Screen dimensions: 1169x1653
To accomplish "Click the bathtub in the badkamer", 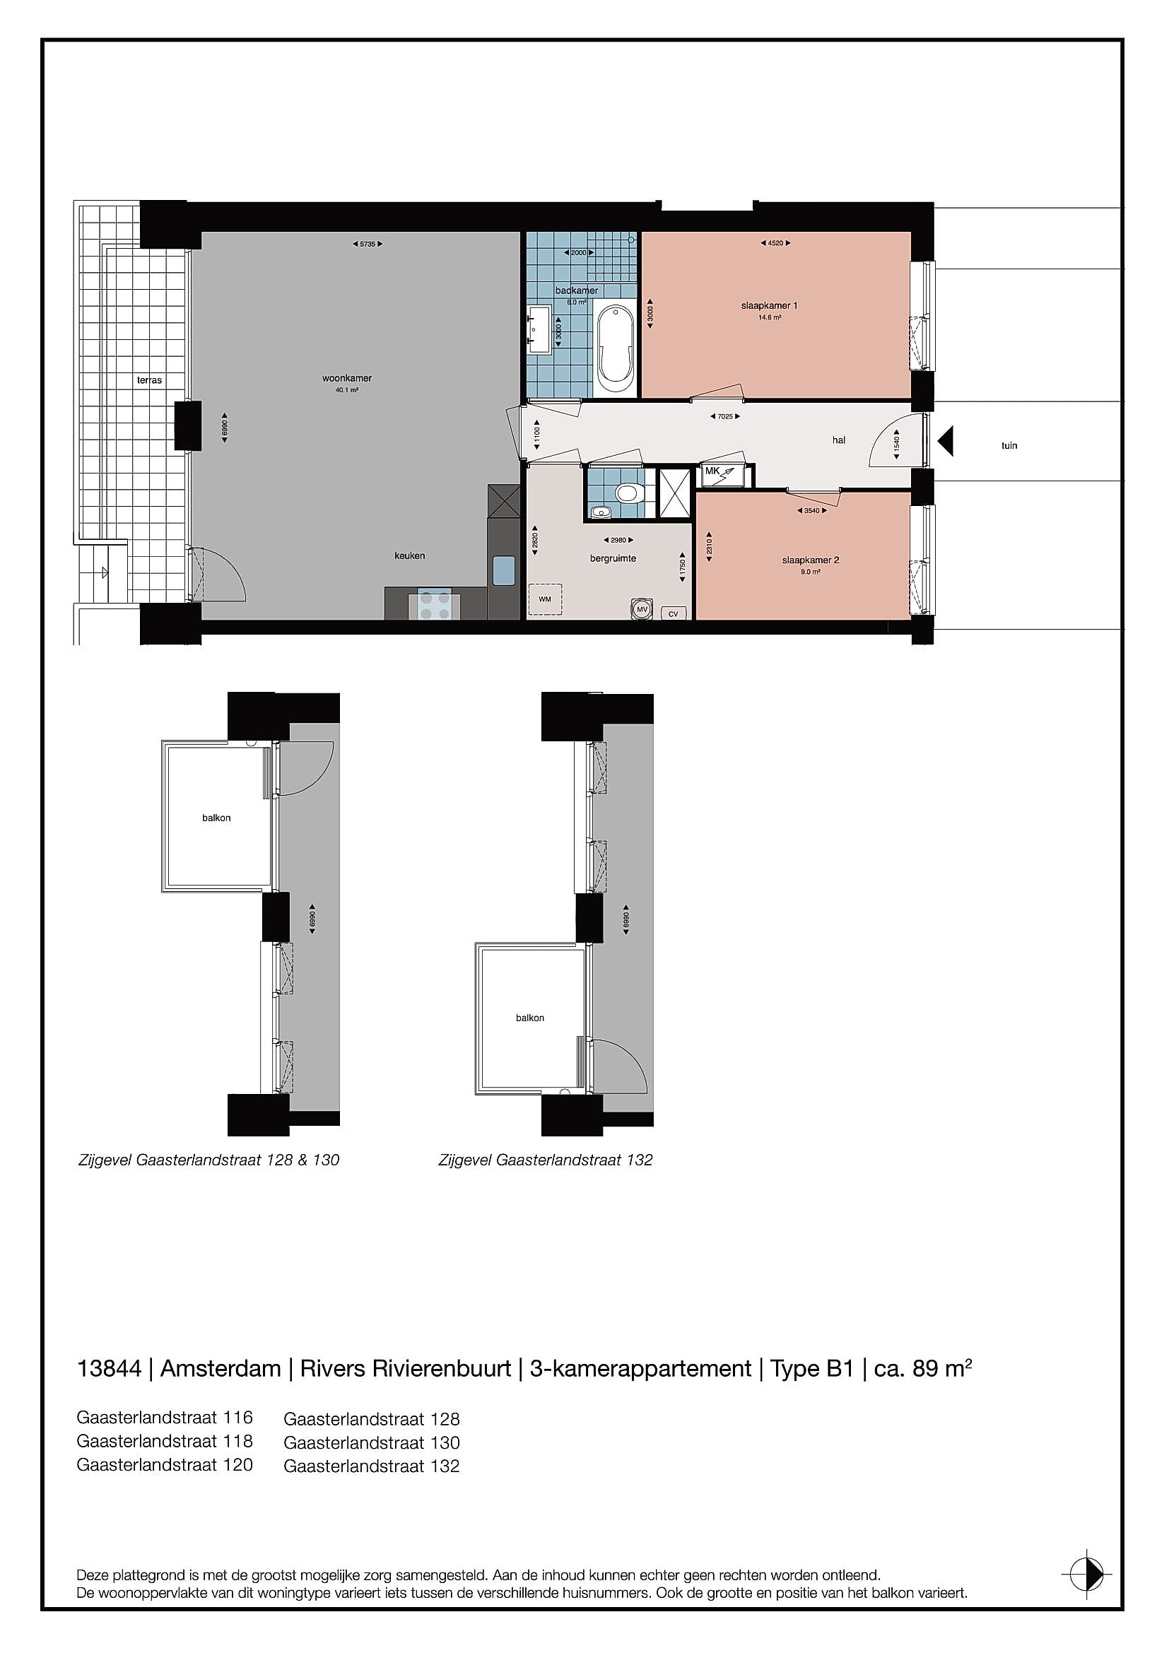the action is [616, 348].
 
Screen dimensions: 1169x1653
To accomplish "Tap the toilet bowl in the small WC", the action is [628, 493].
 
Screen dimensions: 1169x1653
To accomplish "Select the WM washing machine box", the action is [545, 599].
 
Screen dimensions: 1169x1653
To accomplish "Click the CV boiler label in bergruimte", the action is [673, 613].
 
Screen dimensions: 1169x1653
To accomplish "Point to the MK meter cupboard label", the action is [712, 471].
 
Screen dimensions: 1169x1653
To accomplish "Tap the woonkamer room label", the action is [347, 378].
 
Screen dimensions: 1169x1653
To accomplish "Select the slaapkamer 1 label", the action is [770, 305].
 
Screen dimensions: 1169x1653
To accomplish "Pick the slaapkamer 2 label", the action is [811, 560].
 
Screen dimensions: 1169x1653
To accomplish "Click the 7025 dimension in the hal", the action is [725, 416].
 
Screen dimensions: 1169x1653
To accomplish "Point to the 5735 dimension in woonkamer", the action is [367, 244].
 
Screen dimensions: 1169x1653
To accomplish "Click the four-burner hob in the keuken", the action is [435, 606].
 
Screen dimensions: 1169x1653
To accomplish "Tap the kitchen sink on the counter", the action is [504, 571].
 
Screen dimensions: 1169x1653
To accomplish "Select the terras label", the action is [150, 380].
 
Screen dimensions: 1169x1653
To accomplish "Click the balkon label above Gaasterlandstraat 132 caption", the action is [530, 1018].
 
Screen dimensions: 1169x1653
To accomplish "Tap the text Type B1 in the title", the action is [811, 1368].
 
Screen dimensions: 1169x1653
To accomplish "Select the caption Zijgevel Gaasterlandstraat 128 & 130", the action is [208, 1160].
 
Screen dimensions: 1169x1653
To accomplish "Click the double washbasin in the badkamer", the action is [540, 330].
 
